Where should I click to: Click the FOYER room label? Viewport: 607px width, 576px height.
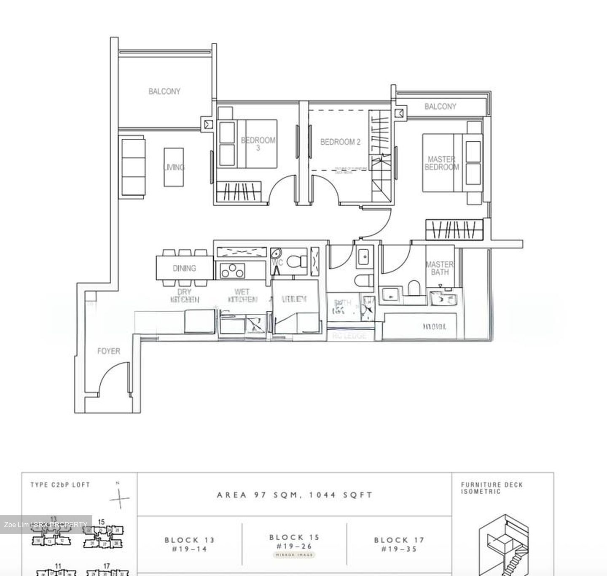(108, 351)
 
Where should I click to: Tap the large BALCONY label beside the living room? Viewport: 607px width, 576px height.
(164, 91)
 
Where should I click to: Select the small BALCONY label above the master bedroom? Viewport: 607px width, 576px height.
(440, 106)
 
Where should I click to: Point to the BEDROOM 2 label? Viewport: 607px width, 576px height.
(340, 142)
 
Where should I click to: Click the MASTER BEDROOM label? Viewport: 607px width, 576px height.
(441, 163)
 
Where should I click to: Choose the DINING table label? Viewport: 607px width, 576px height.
(184, 268)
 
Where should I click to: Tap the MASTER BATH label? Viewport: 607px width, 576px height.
(440, 268)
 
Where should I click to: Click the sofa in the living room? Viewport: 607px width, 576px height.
(133, 167)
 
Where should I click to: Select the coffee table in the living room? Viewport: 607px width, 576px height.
(174, 167)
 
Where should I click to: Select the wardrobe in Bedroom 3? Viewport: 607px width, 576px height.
(239, 192)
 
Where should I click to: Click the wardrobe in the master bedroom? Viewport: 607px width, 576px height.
(454, 230)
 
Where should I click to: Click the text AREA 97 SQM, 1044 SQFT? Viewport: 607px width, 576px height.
(295, 495)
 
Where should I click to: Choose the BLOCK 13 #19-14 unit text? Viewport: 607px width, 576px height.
(189, 544)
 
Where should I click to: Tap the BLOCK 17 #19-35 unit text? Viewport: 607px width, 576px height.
(399, 544)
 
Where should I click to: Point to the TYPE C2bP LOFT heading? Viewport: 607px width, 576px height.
(60, 485)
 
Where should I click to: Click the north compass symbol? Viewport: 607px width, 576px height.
(119, 498)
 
